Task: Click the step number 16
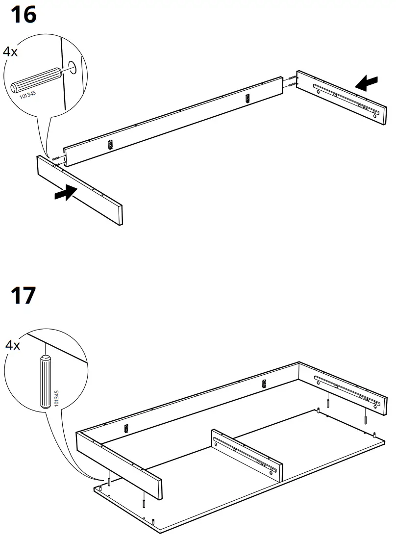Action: pyautogui.click(x=23, y=15)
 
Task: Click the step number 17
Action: pyautogui.click(x=23, y=296)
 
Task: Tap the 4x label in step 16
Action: pyautogui.click(x=10, y=51)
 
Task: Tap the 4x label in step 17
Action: pyautogui.click(x=12, y=345)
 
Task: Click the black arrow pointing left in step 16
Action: pyautogui.click(x=367, y=82)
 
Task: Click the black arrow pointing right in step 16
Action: pyautogui.click(x=67, y=193)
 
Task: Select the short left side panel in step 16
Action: pyautogui.click(x=79, y=189)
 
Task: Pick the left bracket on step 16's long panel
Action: pyautogui.click(x=111, y=144)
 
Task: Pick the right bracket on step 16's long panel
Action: pyautogui.click(x=247, y=98)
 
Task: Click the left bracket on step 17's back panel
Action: pyautogui.click(x=126, y=428)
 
